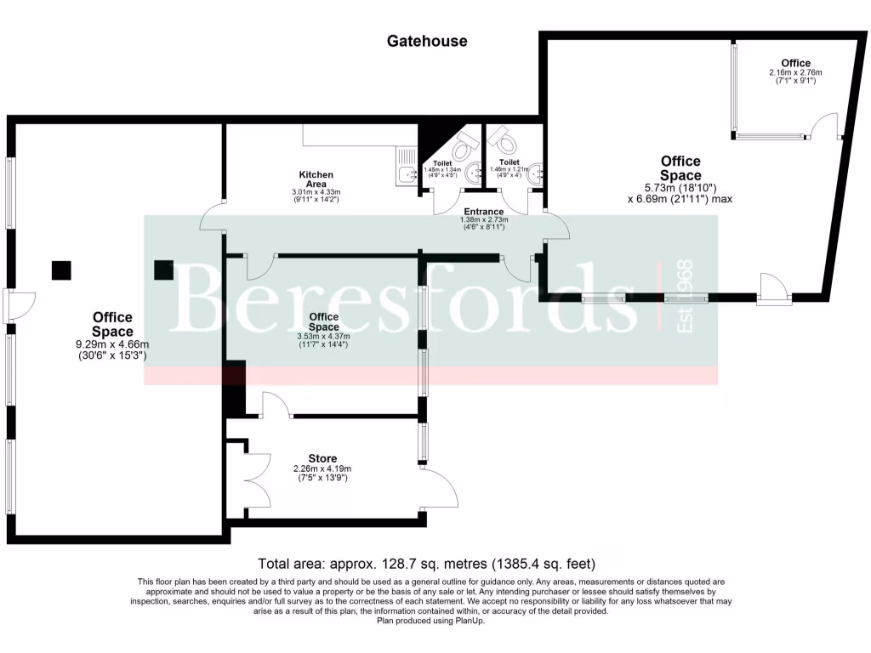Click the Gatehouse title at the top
pyautogui.click(x=426, y=41)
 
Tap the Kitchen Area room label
pyautogui.click(x=316, y=179)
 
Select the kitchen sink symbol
pyautogui.click(x=405, y=175)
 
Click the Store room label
pyautogui.click(x=322, y=459)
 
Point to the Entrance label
pyautogui.click(x=483, y=212)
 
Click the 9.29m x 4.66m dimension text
pyautogui.click(x=113, y=344)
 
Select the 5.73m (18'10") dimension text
pyautogui.click(x=680, y=187)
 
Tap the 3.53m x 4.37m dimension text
pyautogui.click(x=323, y=336)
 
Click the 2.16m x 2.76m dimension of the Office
pyautogui.click(x=795, y=73)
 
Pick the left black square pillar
pyautogui.click(x=61, y=270)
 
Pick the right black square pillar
pyautogui.click(x=164, y=270)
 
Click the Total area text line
pyautogui.click(x=426, y=564)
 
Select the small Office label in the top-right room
pyautogui.click(x=795, y=63)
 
